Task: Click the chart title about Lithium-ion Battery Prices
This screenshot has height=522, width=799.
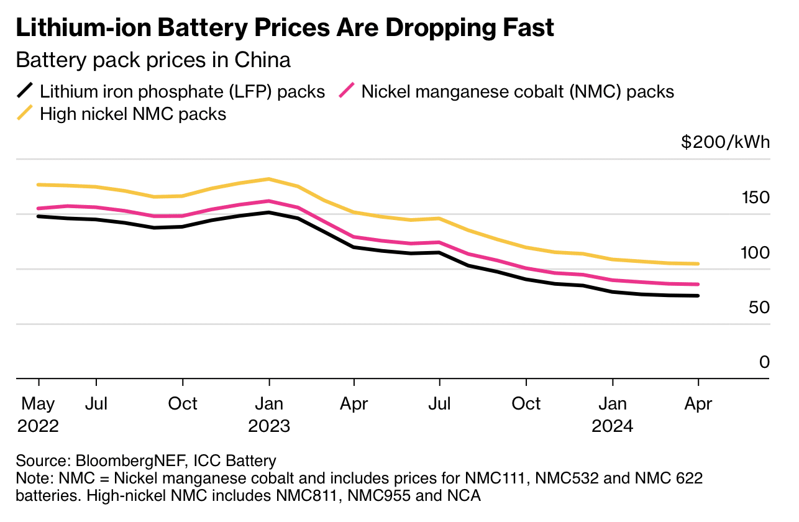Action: click(285, 28)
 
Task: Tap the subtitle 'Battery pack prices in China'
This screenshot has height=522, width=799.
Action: click(153, 60)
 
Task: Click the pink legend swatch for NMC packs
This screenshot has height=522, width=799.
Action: click(347, 91)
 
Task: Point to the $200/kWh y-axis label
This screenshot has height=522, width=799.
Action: click(725, 142)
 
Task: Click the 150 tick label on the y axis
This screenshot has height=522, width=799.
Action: click(755, 198)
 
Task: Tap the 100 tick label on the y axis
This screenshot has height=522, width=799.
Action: click(755, 252)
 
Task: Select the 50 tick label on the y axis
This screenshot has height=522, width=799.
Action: click(759, 307)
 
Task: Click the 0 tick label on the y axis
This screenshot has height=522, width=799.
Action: click(765, 362)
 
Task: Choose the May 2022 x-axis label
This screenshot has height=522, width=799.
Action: click(39, 414)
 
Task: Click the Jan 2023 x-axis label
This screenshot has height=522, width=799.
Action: click(268, 414)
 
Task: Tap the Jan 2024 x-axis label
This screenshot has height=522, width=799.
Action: click(613, 414)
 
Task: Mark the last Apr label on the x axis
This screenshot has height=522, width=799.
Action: click(698, 404)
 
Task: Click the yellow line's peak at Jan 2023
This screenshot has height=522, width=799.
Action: click(268, 179)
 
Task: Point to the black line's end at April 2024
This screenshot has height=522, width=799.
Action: click(698, 296)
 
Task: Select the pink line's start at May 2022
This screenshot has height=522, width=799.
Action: click(39, 208)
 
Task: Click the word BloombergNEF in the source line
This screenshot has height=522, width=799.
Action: click(131, 461)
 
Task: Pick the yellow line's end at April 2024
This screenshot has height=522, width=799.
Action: click(698, 264)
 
